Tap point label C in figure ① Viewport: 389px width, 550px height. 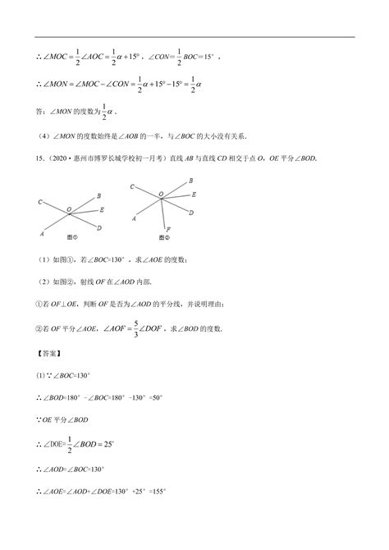tap(40, 200)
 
